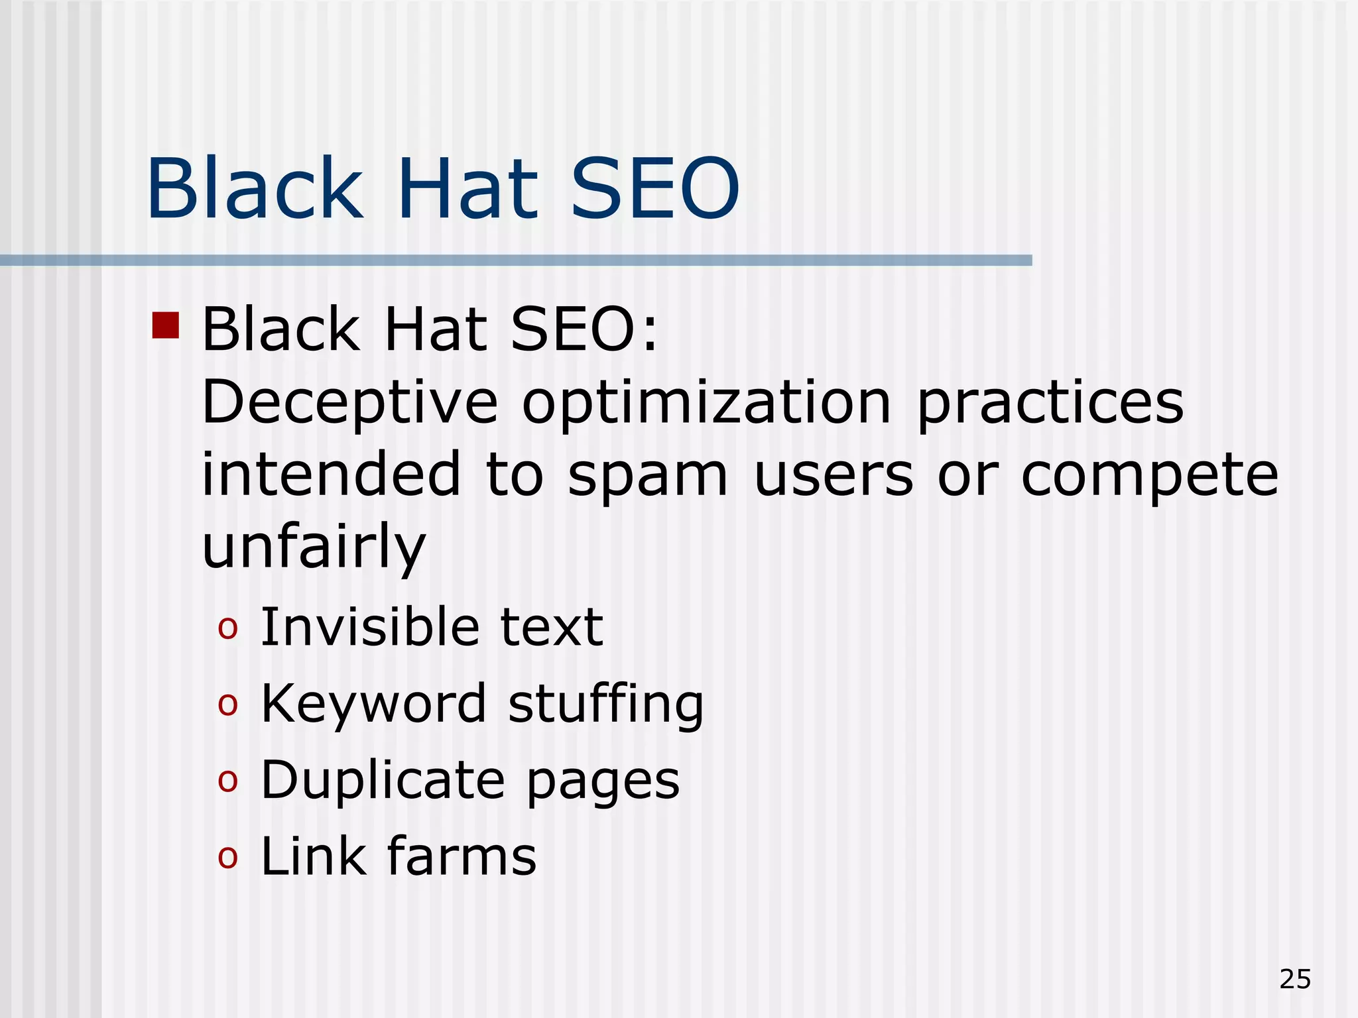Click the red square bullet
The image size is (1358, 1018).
pyautogui.click(x=166, y=325)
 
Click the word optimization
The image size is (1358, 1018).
pyautogui.click(x=706, y=404)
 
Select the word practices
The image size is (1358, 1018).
pyautogui.click(x=1050, y=404)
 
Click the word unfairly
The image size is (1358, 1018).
pyautogui.click(x=314, y=547)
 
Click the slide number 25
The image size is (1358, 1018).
pyautogui.click(x=1295, y=979)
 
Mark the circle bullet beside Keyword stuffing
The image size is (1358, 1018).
pyautogui.click(x=227, y=705)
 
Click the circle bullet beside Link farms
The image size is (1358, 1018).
pyautogui.click(x=227, y=858)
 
